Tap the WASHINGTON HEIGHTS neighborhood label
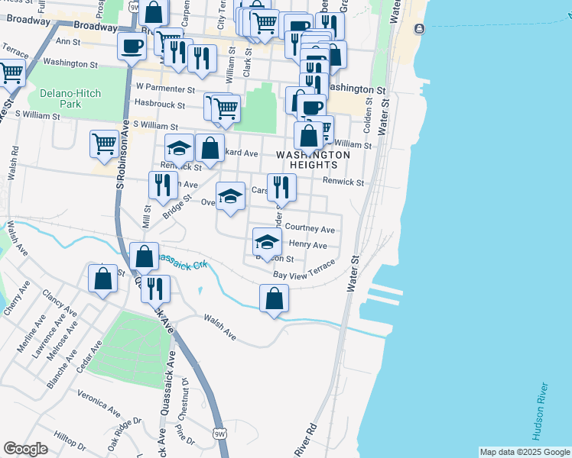[x=313, y=160]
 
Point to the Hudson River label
[x=540, y=411]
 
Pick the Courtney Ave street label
[x=310, y=229]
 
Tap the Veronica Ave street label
[x=99, y=403]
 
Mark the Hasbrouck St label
[x=161, y=102]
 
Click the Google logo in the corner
[x=25, y=449]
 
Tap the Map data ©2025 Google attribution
[x=525, y=452]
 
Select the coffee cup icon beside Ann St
[x=132, y=45]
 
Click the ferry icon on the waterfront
[x=419, y=29]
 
